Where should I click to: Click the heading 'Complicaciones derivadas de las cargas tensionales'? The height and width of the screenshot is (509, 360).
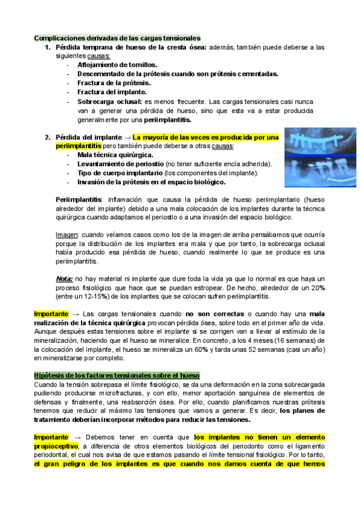[x=117, y=38]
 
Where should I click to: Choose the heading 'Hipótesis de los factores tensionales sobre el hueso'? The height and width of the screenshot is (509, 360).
[x=116, y=375]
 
